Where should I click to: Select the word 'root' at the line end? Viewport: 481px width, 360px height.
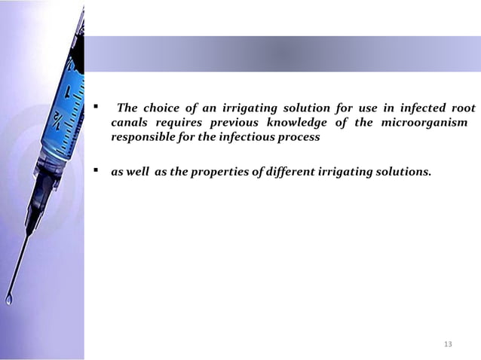(461, 107)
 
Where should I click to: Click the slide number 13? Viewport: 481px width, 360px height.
(448, 344)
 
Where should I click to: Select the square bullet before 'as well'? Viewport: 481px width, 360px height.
(96, 171)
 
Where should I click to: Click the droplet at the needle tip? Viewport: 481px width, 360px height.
(9, 300)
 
